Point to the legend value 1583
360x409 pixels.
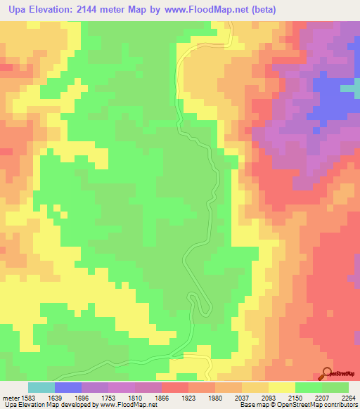tap(28, 397)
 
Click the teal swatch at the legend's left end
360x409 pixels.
tap(41, 387)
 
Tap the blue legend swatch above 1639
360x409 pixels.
tap(68, 387)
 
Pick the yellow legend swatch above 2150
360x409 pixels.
tap(281, 387)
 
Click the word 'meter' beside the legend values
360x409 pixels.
tap(9, 397)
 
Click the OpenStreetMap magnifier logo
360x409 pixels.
tap(327, 373)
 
